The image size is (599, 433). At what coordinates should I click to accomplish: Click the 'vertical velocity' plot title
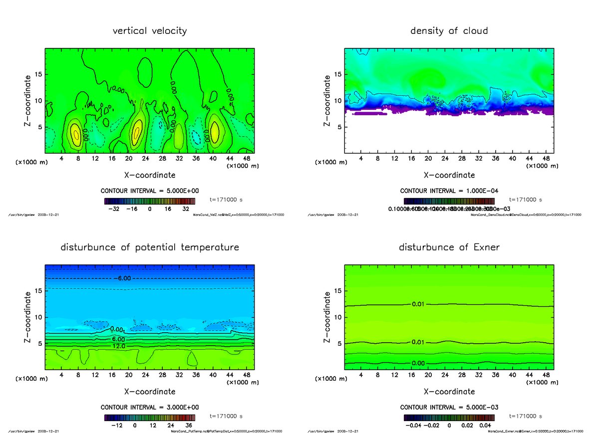150,31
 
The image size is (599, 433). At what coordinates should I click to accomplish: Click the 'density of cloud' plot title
449,31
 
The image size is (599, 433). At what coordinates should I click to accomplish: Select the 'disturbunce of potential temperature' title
150,247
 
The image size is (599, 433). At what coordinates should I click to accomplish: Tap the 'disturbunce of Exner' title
449,247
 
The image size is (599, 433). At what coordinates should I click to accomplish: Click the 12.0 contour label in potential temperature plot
118,346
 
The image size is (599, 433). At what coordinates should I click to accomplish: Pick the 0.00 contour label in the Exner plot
418,363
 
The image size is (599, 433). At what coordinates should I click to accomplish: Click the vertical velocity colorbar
149,201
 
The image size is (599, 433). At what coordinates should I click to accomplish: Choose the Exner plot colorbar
449,418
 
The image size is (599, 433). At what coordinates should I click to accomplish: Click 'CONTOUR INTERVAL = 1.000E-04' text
449,191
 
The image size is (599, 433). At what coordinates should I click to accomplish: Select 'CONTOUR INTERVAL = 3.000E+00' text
149,407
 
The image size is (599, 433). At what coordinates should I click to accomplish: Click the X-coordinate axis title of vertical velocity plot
150,175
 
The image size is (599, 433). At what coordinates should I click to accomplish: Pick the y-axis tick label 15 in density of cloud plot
337,74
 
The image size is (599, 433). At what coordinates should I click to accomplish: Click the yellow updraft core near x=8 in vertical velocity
75,134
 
